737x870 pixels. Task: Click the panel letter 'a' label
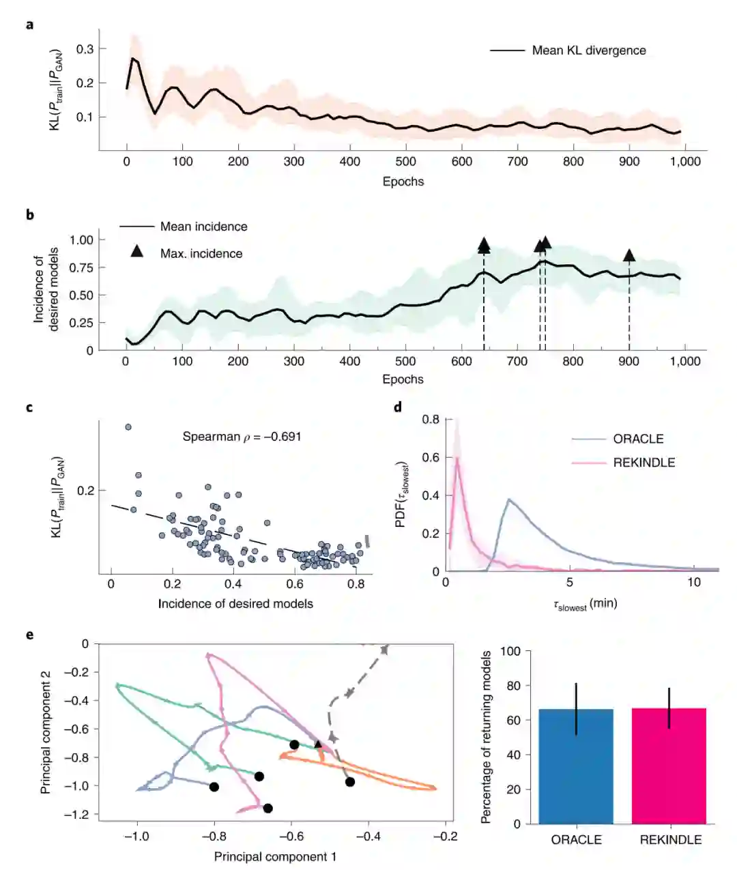[x=29, y=25]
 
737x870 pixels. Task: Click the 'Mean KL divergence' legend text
[x=588, y=50]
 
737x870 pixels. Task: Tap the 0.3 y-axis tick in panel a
[x=85, y=49]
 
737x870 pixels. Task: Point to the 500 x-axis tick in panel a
[x=405, y=162]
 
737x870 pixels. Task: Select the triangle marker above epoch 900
[x=629, y=255]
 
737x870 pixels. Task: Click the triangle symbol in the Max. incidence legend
[x=137, y=252]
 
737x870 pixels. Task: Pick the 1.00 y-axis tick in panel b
[x=82, y=240]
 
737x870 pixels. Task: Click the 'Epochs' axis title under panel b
[x=403, y=379]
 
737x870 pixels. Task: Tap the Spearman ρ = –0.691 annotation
[x=242, y=437]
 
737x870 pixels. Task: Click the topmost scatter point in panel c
[x=128, y=427]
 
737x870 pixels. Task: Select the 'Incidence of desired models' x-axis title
[x=235, y=603]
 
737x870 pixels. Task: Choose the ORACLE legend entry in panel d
[x=638, y=439]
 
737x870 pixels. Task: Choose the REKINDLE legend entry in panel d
[x=644, y=463]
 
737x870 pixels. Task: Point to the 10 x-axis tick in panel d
[x=693, y=582]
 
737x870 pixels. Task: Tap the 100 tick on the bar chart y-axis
[x=511, y=651]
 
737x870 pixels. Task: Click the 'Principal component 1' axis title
[x=275, y=856]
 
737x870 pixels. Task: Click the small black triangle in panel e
[x=318, y=744]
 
